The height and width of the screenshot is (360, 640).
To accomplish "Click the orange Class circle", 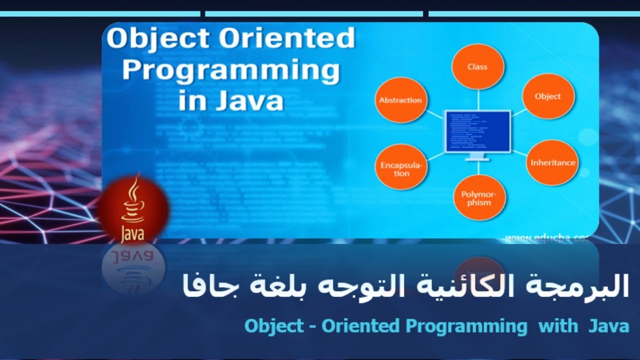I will (x=477, y=66).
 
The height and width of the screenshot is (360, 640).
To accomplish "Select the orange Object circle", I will (x=548, y=96).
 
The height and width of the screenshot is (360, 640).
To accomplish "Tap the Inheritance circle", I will (x=552, y=162).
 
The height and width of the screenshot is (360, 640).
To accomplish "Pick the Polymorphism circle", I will (x=479, y=198).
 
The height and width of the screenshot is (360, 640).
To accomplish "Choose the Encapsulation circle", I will (x=401, y=169).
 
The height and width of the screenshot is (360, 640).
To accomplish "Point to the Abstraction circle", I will (x=400, y=100).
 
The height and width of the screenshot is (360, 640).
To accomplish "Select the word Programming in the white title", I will (x=231, y=70).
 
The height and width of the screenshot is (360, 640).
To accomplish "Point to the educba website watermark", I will (x=547, y=238).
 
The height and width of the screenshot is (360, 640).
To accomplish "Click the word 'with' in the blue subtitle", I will (x=557, y=326).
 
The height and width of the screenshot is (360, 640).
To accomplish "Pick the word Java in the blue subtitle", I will (x=608, y=326).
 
